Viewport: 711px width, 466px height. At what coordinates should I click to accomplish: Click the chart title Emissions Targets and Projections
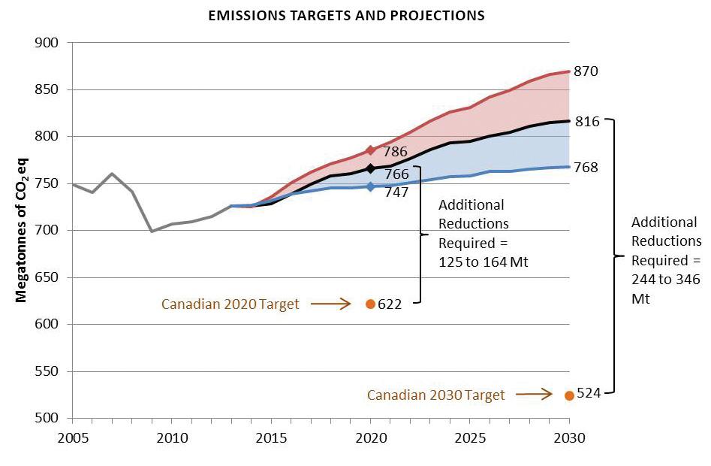pyautogui.click(x=346, y=15)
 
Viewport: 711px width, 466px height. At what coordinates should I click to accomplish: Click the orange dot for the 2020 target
pyautogui.click(x=370, y=304)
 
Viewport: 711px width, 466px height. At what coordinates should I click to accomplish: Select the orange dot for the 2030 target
pyautogui.click(x=569, y=395)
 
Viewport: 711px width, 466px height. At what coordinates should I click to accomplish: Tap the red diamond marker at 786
pyautogui.click(x=370, y=150)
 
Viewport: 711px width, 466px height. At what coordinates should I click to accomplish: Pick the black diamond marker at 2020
pyautogui.click(x=370, y=169)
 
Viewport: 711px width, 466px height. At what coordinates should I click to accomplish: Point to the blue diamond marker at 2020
pyautogui.click(x=370, y=186)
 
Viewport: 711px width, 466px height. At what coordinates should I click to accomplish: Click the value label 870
pyautogui.click(x=586, y=71)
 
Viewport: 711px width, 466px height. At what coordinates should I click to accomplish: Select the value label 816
pyautogui.click(x=586, y=121)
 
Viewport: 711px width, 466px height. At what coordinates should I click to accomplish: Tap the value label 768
pyautogui.click(x=586, y=167)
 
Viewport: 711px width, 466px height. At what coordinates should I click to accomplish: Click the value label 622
pyautogui.click(x=390, y=304)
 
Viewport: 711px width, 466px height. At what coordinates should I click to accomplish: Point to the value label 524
pyautogui.click(x=589, y=395)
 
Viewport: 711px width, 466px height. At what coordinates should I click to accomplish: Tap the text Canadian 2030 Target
pyautogui.click(x=435, y=395)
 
